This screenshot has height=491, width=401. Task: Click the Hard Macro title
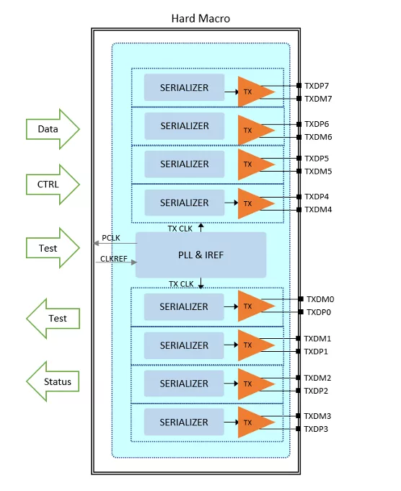coord(200,19)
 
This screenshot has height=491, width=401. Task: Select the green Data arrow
coord(53,129)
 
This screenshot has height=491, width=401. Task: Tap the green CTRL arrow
coord(53,185)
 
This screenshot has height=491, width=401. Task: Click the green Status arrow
coord(53,381)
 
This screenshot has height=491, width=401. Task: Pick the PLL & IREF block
coord(200,255)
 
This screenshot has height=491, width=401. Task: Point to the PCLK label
coord(111,238)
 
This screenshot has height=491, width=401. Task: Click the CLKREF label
coord(114,259)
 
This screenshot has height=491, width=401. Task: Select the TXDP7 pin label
coord(317,86)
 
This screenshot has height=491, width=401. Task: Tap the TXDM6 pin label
coord(318,137)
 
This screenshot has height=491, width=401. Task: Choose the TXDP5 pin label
coord(317,159)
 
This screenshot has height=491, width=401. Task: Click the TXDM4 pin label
coord(318,210)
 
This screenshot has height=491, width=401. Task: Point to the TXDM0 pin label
coord(320,299)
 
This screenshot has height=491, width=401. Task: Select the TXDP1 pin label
coord(316,352)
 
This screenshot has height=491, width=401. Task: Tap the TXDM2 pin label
coord(317,378)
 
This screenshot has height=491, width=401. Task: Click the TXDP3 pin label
coord(316,429)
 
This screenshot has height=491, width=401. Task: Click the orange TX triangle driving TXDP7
coord(253,92)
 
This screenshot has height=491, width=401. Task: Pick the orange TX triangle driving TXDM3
coord(253,423)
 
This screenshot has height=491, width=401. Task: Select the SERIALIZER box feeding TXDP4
coord(185,203)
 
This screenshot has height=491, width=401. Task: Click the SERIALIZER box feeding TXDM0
coord(184,307)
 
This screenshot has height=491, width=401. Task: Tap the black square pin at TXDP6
coord(299,124)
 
